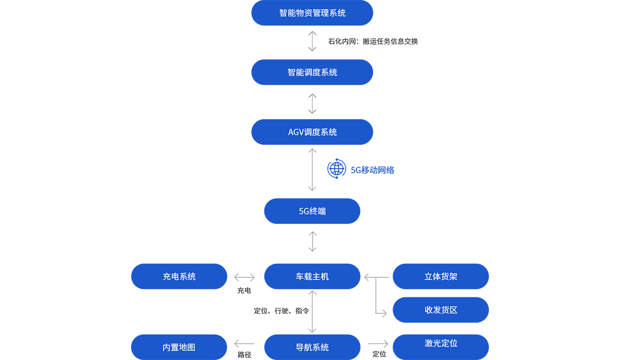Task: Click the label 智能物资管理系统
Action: point(312,13)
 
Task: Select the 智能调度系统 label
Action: point(312,72)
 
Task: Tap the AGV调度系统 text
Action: point(312,132)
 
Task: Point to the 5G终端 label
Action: point(312,211)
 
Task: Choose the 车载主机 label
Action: point(312,276)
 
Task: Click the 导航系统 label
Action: point(312,347)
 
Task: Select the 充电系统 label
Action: point(179,276)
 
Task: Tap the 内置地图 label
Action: point(179,347)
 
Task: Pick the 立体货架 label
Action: point(441,276)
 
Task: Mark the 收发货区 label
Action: point(441,310)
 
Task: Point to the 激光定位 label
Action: point(441,343)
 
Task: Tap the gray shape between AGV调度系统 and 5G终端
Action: point(308,170)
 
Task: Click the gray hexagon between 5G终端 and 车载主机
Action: point(312,242)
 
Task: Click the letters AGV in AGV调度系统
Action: point(296,132)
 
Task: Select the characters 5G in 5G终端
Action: point(304,211)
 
